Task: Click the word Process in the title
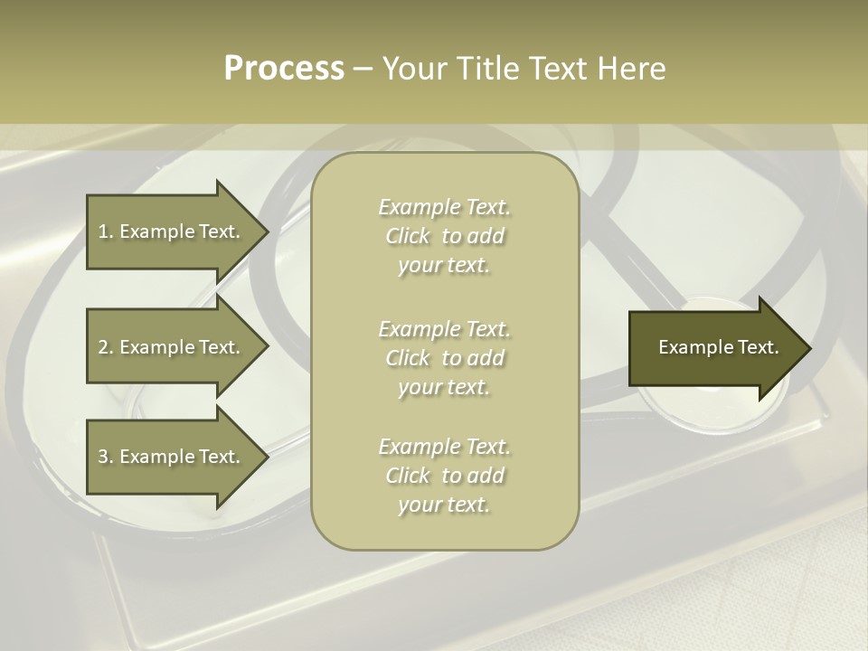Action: pos(284,69)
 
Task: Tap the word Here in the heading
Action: pos(630,69)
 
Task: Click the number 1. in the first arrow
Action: pos(106,231)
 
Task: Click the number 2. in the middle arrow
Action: pos(106,347)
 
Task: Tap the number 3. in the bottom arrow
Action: pos(106,457)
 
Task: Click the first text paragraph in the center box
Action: pos(444,236)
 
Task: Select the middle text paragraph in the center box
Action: pos(444,358)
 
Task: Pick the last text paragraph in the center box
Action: pos(444,476)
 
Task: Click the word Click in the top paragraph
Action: pos(408,236)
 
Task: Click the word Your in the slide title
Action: pos(415,69)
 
